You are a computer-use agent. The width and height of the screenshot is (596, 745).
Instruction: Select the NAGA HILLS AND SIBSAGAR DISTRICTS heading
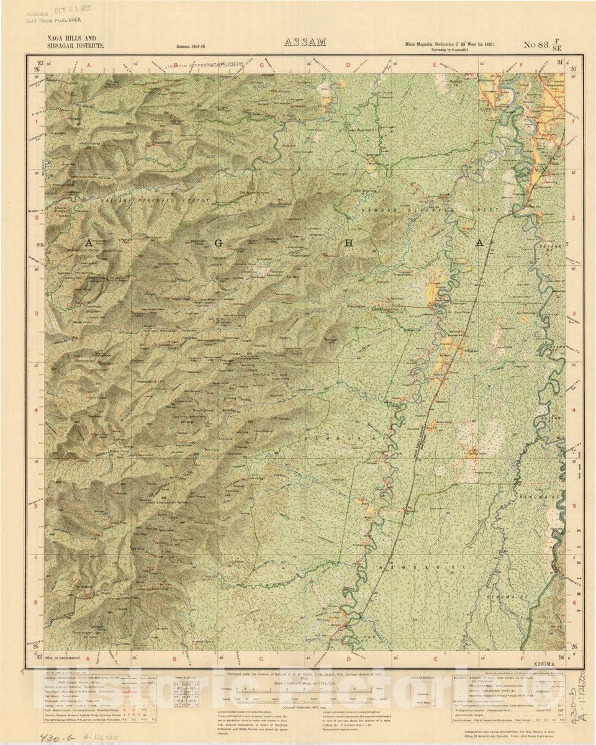click(x=76, y=42)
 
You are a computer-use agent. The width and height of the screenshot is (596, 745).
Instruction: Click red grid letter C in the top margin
click(x=262, y=64)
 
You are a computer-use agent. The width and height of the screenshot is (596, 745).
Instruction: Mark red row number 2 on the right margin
click(x=574, y=218)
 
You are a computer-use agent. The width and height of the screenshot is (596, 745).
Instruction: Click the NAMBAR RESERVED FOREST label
click(x=412, y=211)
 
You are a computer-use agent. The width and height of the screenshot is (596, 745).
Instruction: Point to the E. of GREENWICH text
click(x=63, y=657)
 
